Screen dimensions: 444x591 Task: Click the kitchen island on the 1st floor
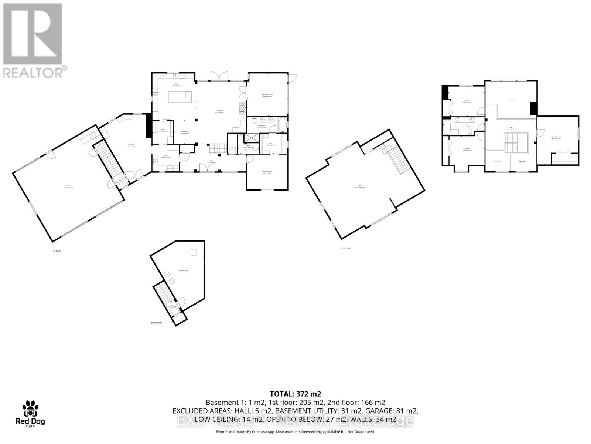pos(180,97)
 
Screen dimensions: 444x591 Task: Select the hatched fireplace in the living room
pos(242,109)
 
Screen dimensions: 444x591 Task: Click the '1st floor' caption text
pos(56,251)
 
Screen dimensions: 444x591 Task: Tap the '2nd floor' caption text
pos(346,248)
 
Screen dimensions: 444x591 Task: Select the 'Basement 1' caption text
pos(157,323)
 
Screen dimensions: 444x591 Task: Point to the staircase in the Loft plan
pos(394,158)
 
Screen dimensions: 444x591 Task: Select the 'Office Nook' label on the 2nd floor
pos(522,161)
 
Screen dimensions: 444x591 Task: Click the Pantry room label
pos(163,130)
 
